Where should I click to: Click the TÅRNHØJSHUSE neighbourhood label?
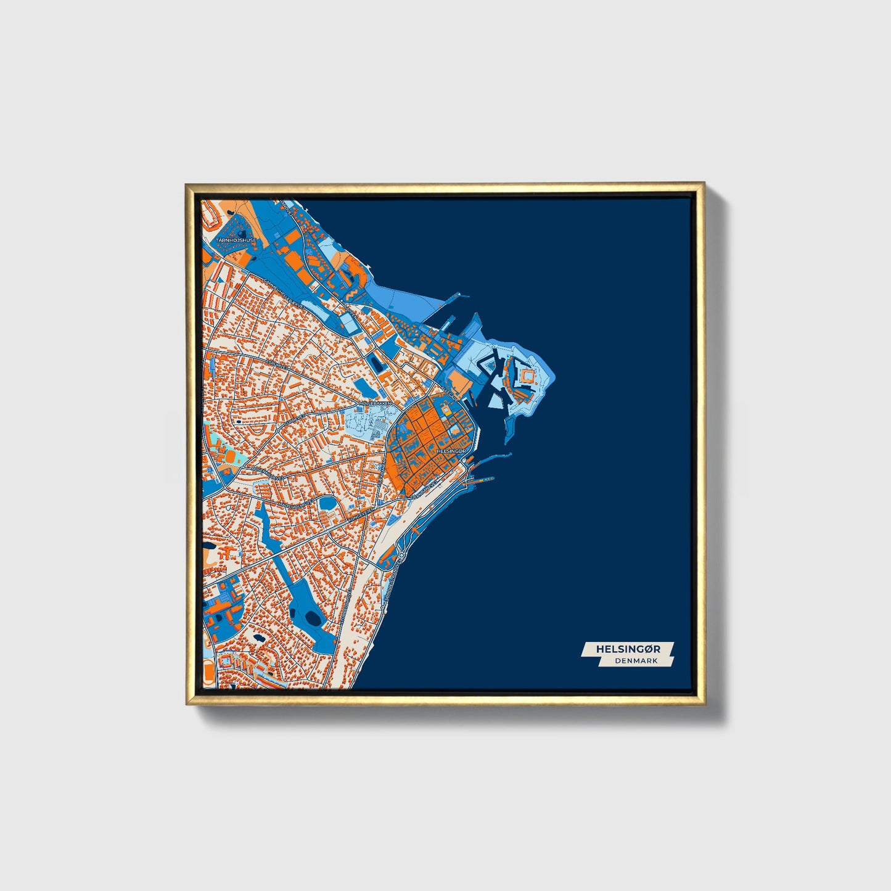click(x=235, y=240)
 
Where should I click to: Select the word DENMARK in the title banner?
click(x=636, y=660)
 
